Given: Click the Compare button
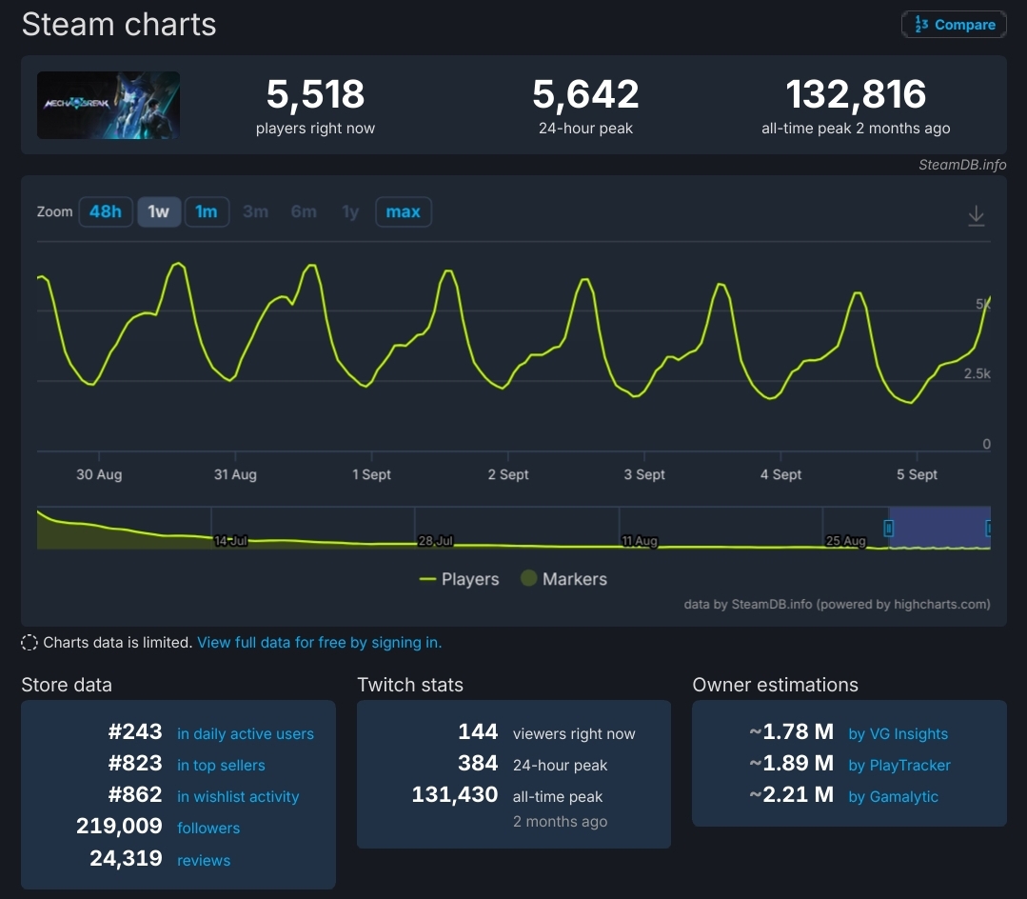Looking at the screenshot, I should click(x=954, y=25).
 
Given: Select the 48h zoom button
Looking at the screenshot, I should click(x=106, y=211).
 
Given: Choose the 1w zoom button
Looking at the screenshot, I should click(x=159, y=211).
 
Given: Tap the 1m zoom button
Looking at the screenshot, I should click(x=207, y=211).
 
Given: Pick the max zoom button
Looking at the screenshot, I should click(x=404, y=211).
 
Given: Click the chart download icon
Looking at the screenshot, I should click(x=976, y=216).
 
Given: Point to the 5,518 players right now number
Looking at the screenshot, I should click(x=315, y=94).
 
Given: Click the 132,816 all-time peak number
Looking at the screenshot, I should click(x=856, y=94).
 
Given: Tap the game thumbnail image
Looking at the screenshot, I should click(x=109, y=105).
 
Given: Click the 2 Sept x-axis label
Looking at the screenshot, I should click(x=508, y=474).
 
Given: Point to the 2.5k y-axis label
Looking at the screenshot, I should click(x=978, y=374).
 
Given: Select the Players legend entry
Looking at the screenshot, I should click(x=460, y=579).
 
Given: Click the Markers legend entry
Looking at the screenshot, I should click(x=563, y=579).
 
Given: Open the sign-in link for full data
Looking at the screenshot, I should click(x=319, y=643).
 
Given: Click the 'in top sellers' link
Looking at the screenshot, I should click(x=221, y=766).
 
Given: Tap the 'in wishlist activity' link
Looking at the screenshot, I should click(x=238, y=797).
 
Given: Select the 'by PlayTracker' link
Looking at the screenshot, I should click(x=899, y=766).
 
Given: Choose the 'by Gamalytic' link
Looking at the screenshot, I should click(x=893, y=797).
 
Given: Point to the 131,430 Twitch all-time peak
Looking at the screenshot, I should click(x=455, y=795).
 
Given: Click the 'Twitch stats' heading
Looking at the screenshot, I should click(x=410, y=685).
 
